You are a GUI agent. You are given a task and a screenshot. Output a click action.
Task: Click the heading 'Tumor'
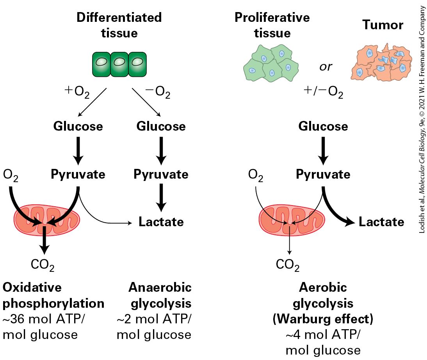pos(383,25)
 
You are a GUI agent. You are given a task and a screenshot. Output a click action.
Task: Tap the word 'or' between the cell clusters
pos(326,67)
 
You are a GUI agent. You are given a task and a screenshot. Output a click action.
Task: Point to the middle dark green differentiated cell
pos(119,64)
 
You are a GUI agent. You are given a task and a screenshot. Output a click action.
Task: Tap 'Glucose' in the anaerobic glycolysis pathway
pos(161,126)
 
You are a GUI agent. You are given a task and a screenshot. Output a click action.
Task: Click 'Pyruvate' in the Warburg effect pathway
pos(323,174)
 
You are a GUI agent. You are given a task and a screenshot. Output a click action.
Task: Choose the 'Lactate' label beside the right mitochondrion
pos(381,222)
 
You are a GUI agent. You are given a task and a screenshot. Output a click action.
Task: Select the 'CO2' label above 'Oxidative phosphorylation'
pos(43,265)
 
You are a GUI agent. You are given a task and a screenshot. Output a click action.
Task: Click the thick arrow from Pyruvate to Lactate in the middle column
pos(161,198)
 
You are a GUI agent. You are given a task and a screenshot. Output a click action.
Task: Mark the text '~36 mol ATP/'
pos(44,319)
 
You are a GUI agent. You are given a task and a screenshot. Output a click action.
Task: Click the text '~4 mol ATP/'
pos(323,335)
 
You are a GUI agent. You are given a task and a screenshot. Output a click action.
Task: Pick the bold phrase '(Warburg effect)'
pos(323,319)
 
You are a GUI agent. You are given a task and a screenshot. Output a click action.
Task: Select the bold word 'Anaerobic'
pos(160,287)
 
